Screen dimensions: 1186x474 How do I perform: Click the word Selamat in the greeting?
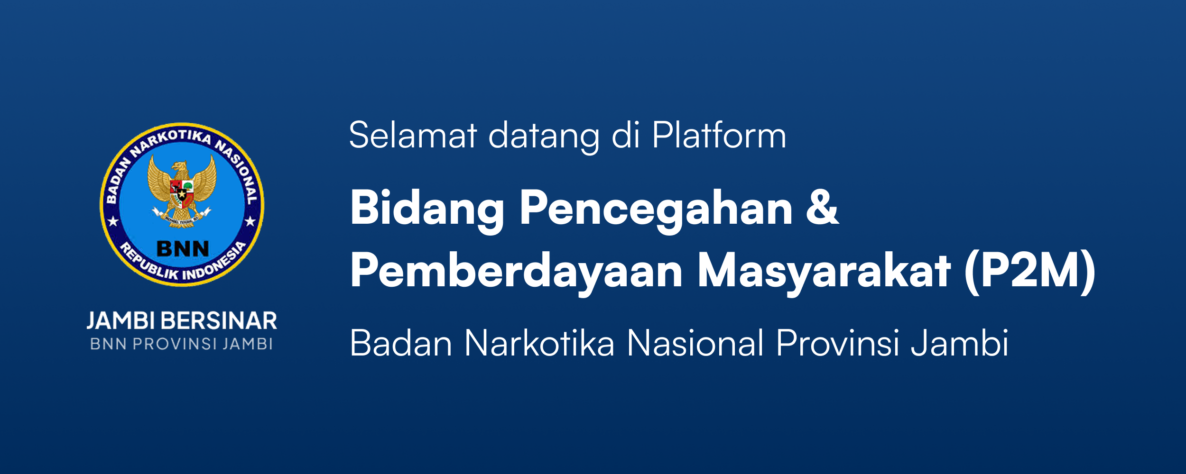[413, 135]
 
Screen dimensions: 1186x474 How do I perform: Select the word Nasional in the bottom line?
[695, 343]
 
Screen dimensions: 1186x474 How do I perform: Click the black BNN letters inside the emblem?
[183, 248]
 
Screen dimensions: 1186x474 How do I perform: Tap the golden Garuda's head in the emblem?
[180, 169]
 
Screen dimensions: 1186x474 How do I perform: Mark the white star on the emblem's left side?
[113, 221]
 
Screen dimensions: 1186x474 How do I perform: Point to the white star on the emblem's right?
[250, 221]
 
